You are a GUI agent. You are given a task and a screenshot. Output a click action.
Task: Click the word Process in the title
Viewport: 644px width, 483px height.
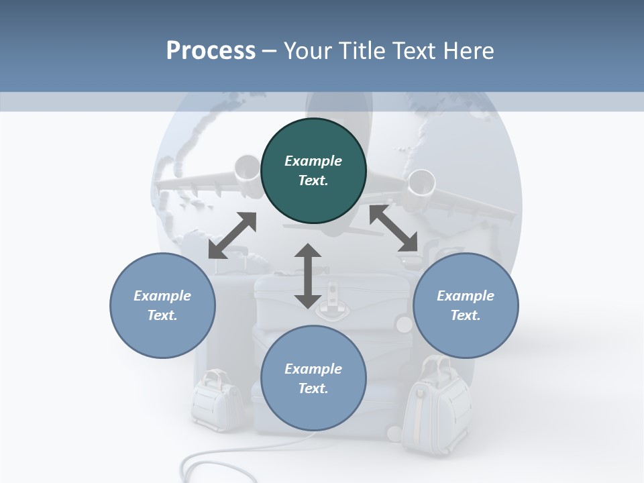[211, 50]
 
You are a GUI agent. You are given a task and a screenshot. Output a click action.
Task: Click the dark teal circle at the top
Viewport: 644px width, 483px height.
[313, 171]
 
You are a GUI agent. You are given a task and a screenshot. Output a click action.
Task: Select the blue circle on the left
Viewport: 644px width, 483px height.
[162, 306]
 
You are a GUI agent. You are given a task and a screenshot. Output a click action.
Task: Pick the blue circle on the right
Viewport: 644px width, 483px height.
[466, 306]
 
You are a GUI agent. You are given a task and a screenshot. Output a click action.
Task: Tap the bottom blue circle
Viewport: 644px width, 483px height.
[313, 378]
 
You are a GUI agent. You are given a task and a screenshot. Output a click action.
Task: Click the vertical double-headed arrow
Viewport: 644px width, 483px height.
[308, 276]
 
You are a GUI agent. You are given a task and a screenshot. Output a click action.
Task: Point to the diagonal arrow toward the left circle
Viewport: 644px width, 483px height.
[233, 235]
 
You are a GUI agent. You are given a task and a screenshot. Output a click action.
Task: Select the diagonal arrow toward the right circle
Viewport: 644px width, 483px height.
[394, 228]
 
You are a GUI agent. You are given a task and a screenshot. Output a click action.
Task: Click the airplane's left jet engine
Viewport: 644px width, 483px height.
[248, 173]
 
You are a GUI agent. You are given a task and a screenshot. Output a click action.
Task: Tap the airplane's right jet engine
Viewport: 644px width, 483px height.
[421, 186]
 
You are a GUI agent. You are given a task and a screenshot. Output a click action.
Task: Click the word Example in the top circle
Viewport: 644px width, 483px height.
[313, 161]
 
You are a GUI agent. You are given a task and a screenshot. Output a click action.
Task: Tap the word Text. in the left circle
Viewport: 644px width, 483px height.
[162, 315]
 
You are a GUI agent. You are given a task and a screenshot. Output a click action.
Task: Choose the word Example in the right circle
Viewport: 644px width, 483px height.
[466, 296]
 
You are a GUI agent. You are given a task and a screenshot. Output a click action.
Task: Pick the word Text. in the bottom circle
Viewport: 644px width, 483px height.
[313, 388]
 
